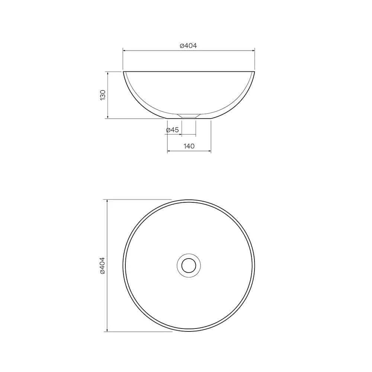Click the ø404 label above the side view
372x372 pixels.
coord(188,45)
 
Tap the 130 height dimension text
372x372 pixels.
coord(103,95)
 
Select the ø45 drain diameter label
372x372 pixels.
coord(173,130)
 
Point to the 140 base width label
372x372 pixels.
coord(189,146)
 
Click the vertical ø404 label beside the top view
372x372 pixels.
coord(103,266)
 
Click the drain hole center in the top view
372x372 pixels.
coord(189,266)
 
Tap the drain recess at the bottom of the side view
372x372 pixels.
coord(189,116)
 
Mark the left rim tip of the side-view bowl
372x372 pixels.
coord(123,71)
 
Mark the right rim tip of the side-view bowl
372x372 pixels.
coord(254,71)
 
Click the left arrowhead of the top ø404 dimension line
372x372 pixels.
coord(124,51)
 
